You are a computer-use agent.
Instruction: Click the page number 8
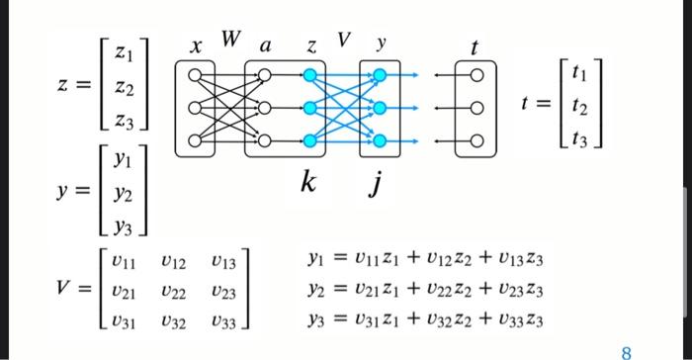coord(626,349)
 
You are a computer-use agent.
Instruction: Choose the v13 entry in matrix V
coord(223,262)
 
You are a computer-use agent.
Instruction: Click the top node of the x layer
coord(195,74)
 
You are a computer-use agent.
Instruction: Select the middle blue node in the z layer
coord(310,107)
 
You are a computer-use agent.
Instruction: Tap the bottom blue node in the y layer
coord(379,139)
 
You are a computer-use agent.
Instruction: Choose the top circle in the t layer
coord(476,74)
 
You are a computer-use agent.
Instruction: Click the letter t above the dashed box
coord(476,45)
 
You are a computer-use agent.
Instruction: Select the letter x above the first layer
coord(197,45)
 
